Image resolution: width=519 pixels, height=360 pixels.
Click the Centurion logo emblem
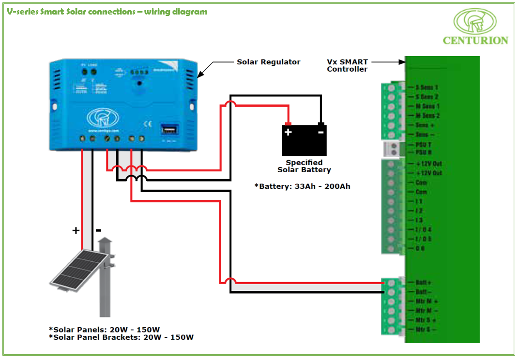click(474, 21)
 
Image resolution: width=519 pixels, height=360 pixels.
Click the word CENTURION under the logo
click(475, 41)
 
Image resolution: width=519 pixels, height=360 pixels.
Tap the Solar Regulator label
click(268, 62)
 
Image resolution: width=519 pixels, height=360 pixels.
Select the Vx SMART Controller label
click(347, 65)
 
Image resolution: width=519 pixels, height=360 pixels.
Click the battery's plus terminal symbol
click(289, 132)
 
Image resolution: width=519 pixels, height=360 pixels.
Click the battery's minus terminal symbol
click(321, 132)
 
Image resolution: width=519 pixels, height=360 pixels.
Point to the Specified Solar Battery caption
click(304, 166)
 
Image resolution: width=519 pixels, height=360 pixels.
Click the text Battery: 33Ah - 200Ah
click(303, 186)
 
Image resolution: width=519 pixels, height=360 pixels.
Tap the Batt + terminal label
click(424, 282)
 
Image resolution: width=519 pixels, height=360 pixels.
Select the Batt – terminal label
click(424, 292)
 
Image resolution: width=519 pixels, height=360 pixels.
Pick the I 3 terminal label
click(419, 220)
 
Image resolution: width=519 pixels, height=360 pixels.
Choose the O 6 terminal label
click(420, 248)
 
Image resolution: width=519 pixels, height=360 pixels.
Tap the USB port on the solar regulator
click(169, 130)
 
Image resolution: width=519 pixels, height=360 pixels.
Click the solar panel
click(77, 271)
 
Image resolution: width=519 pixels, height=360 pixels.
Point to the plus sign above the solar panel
click(76, 231)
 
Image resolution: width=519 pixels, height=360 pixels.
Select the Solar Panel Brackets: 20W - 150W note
click(121, 337)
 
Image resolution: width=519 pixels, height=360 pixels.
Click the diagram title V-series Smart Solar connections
click(107, 11)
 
